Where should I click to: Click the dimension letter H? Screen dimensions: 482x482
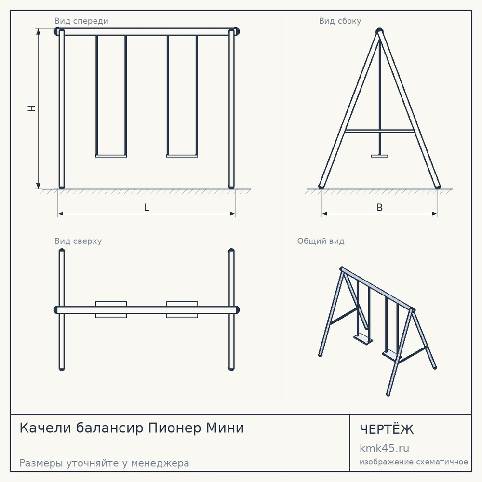[32, 108]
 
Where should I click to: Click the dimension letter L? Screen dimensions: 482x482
[147, 207]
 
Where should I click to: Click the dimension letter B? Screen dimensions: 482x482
[380, 207]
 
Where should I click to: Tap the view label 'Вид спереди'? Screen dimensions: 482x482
[81, 21]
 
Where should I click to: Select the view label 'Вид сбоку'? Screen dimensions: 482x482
[340, 21]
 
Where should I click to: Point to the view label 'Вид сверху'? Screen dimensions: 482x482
[78, 241]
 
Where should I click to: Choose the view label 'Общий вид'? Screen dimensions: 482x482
[321, 241]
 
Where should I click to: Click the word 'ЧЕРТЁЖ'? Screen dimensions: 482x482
[387, 429]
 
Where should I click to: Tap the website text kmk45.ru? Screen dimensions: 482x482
[384, 448]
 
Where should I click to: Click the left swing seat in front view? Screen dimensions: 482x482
[111, 156]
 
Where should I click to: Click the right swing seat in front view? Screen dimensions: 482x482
[182, 156]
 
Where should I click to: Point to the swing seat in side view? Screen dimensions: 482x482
[380, 156]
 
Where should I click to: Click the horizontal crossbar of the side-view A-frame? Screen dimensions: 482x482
[380, 131]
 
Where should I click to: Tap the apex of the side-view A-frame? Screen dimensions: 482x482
[380, 30]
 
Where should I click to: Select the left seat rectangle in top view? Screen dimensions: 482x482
[111, 309]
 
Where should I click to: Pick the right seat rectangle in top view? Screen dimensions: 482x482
[182, 309]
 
